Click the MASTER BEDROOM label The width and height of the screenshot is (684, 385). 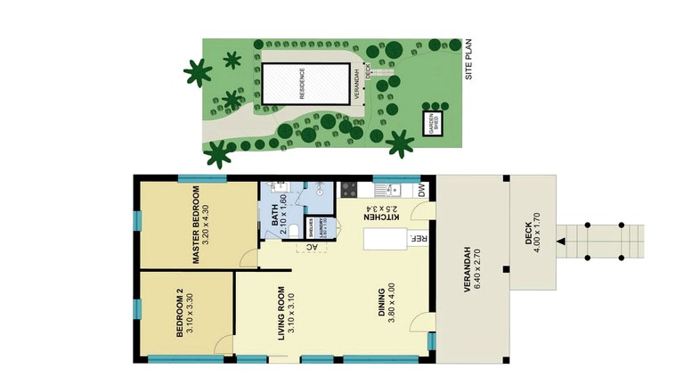click(199, 225)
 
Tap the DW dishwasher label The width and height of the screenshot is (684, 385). click(421, 190)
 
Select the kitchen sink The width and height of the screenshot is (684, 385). click(389, 189)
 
